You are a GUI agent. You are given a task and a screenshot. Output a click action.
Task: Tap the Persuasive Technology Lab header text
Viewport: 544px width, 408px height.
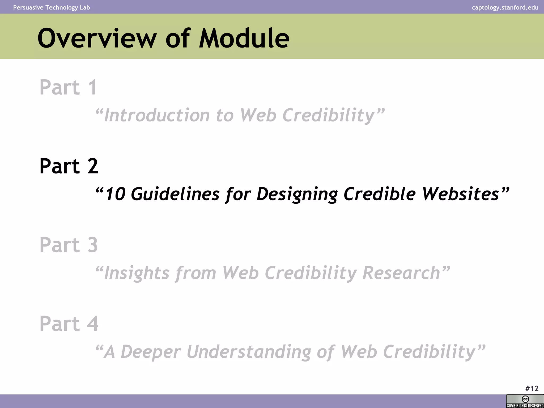point(52,7)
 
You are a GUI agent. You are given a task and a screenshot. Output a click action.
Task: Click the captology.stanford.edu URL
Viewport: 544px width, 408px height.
point(505,7)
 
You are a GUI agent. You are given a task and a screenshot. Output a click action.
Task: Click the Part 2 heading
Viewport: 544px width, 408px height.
point(69,166)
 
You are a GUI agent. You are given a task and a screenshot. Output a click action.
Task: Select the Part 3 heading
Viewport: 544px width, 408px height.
point(69,245)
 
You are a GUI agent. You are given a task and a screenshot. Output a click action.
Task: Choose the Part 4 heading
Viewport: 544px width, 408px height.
point(69,324)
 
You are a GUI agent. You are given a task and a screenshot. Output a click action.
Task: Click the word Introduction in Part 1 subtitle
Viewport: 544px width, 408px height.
point(157,115)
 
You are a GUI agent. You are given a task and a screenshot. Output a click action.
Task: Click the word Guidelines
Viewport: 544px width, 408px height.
point(175,194)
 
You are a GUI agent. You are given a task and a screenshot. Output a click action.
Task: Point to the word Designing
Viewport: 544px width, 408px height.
point(297,194)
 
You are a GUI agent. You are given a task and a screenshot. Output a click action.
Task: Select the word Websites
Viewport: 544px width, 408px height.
point(461,194)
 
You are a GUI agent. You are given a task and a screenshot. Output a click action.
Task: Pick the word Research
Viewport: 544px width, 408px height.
point(401,273)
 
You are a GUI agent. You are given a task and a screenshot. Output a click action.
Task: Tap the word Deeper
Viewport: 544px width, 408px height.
point(151,352)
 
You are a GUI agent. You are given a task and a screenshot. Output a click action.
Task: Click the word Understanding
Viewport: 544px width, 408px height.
point(249,352)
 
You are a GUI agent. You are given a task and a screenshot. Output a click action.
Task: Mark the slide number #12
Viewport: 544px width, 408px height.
point(532,389)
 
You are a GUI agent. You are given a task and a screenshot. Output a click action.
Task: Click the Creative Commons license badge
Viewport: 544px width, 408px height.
point(525,401)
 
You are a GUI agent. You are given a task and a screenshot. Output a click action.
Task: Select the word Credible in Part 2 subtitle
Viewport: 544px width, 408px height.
point(379,194)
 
